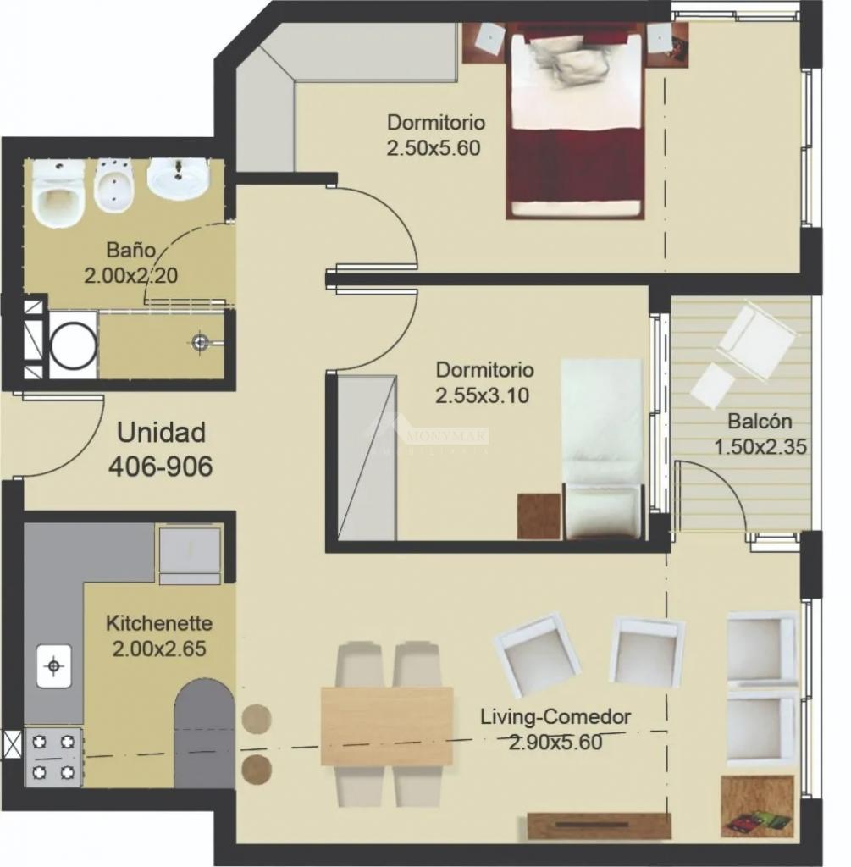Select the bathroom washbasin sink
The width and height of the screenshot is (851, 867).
coord(178,179)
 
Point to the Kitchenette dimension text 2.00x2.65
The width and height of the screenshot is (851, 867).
coord(158,649)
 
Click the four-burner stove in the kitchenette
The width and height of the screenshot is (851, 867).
coord(53,756)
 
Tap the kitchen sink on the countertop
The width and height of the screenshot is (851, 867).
coord(53,666)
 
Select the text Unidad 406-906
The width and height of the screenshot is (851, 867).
coord(160,449)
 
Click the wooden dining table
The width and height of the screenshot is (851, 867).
coord(387,726)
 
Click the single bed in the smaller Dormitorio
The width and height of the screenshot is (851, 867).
coord(603,449)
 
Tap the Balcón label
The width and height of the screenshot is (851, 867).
coord(760,422)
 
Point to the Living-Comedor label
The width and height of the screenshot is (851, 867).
coord(555,717)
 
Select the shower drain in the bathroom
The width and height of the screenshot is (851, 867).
coord(201,342)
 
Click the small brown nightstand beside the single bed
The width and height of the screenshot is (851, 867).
coord(539,516)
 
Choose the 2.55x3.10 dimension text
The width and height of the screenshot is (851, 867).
coord(482,396)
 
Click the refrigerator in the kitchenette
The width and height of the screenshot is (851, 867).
coord(191,555)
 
